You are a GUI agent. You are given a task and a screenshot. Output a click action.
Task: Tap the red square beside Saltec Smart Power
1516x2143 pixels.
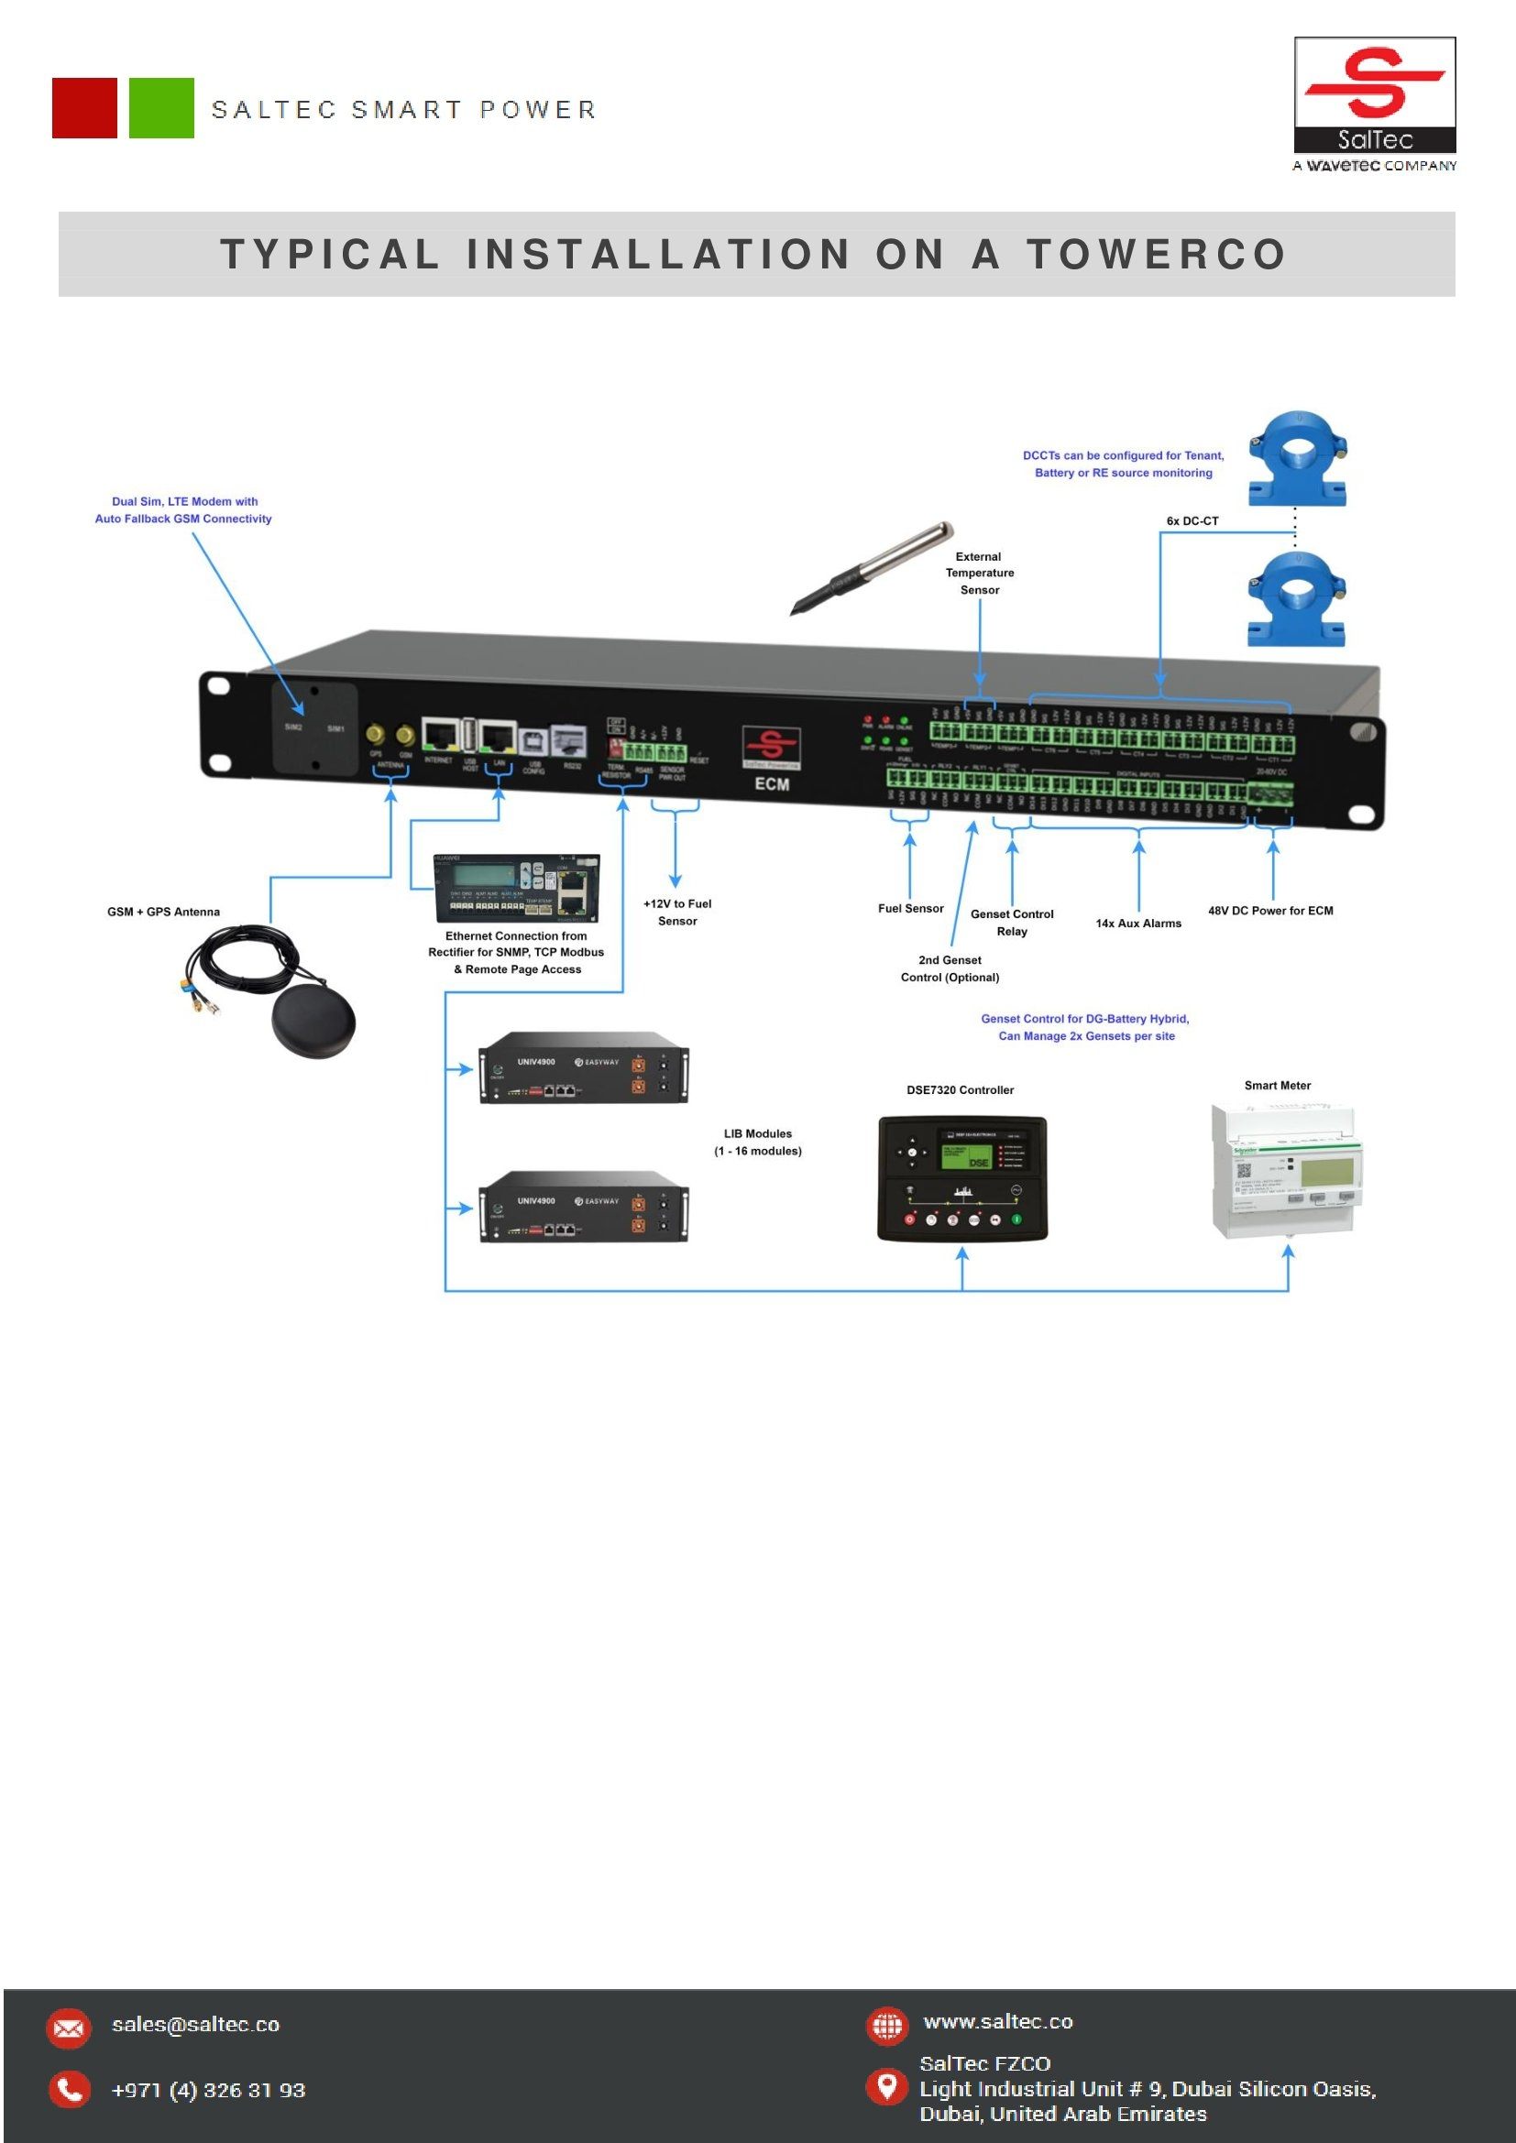[x=85, y=108]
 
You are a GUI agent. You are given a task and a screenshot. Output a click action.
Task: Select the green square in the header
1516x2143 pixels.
[x=161, y=108]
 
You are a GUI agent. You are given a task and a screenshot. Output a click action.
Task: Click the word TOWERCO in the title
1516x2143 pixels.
[x=1157, y=254]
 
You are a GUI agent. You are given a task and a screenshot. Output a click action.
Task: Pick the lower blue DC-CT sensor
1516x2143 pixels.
[x=1298, y=598]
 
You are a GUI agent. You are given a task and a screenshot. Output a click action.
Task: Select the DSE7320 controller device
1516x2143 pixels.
[x=962, y=1178]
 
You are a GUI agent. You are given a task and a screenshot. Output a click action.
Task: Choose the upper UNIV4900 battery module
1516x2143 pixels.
[x=584, y=1067]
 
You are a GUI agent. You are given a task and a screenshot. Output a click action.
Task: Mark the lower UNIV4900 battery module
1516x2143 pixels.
[x=584, y=1207]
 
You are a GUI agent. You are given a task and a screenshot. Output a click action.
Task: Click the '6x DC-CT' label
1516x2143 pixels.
[x=1192, y=520]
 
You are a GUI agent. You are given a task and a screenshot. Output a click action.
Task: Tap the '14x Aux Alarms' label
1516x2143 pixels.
[x=1138, y=924]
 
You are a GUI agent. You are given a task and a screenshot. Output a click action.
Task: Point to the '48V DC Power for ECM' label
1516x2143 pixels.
[x=1270, y=910]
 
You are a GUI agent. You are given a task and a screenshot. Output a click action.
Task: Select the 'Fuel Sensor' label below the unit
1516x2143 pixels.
[x=910, y=908]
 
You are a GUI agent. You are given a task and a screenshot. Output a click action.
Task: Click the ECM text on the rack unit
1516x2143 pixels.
[x=772, y=784]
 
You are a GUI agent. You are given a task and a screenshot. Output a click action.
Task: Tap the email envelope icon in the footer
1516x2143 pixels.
[x=69, y=2028]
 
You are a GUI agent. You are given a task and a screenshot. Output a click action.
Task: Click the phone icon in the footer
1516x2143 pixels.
[x=69, y=2090]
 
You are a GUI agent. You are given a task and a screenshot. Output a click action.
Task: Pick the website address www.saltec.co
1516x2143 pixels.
[x=998, y=2022]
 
